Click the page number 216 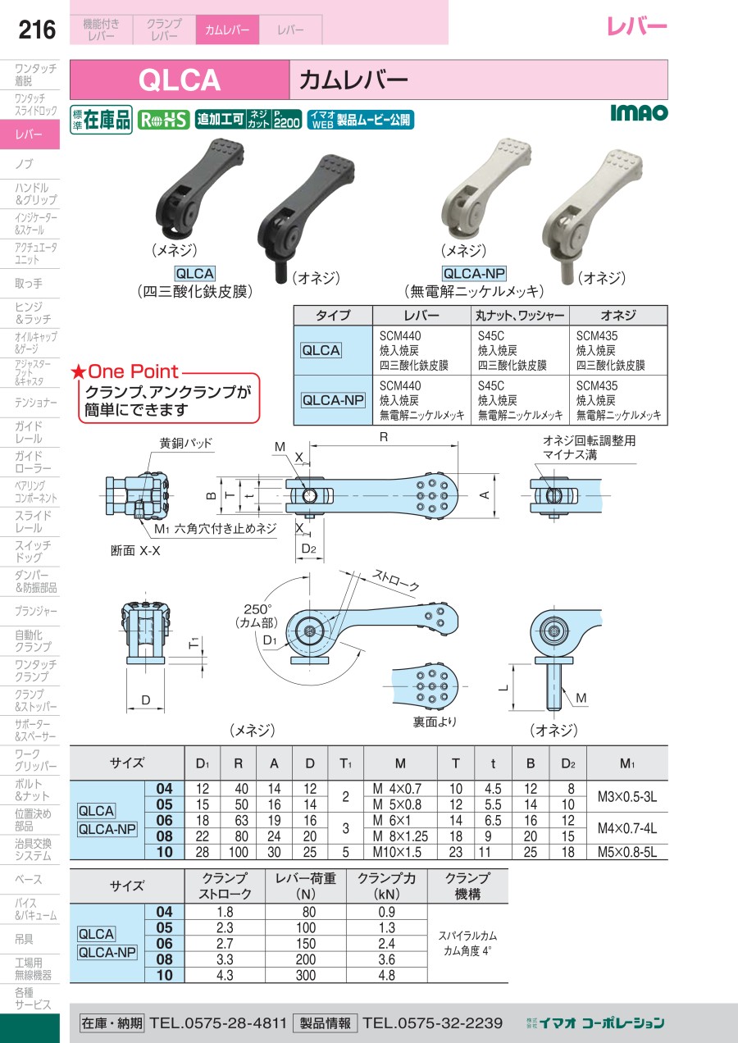(37, 30)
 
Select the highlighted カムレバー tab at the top (227, 30)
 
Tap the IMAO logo (639, 112)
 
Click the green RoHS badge (163, 121)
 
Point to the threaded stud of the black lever (280, 272)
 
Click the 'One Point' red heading (125, 371)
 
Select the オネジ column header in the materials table (618, 315)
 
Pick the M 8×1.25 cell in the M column (400, 836)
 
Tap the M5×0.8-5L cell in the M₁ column (627, 852)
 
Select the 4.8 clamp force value (386, 975)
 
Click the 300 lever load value (305, 975)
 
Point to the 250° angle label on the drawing (257, 609)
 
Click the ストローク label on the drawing (396, 581)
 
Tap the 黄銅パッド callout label (186, 443)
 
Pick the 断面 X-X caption (135, 551)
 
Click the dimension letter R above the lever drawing (384, 437)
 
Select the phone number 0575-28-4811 (235, 1023)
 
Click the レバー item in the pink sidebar (29, 134)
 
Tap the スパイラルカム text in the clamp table (467, 936)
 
